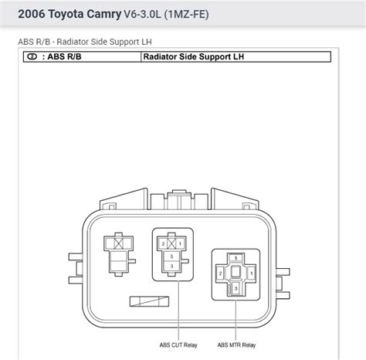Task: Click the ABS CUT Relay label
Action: point(178,345)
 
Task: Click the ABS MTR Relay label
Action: point(236,345)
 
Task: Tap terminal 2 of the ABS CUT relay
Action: point(163,243)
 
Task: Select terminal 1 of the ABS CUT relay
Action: point(180,243)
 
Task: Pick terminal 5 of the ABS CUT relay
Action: point(171,256)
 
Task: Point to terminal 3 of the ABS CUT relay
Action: point(171,267)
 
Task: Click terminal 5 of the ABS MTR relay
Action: point(236,258)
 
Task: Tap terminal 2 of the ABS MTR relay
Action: point(220,273)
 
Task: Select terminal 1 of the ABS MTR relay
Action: point(252,273)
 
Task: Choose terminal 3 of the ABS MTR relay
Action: point(236,289)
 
